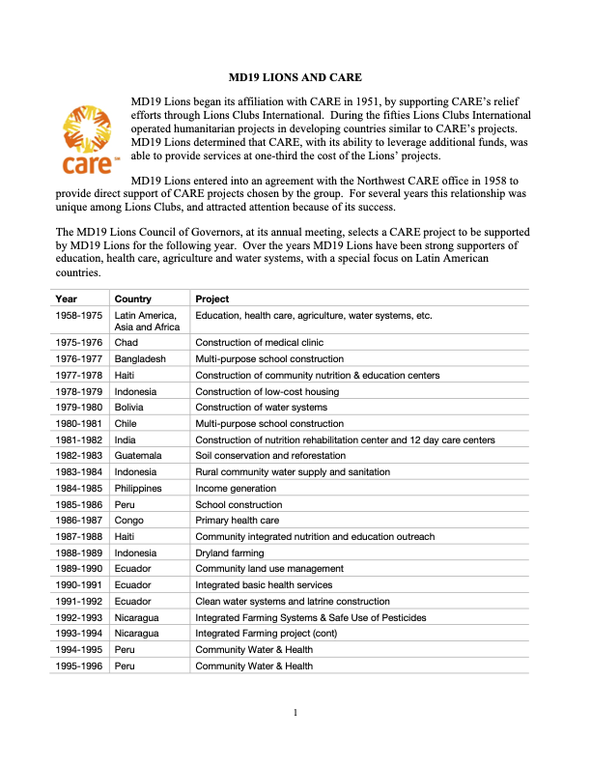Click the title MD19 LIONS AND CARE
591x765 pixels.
coord(295,74)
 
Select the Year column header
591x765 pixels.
coord(67,299)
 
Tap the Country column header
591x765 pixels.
coord(132,299)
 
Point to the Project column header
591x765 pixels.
coord(211,299)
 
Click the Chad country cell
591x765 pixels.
coord(126,343)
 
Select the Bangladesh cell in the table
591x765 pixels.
coord(140,359)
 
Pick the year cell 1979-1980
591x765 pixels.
coord(80,408)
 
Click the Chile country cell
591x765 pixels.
coord(127,424)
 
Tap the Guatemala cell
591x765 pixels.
coord(138,456)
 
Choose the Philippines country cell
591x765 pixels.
coord(138,489)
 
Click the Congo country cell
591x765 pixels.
coord(130,521)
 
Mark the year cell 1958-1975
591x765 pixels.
coord(80,316)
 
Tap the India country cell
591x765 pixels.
coord(126,439)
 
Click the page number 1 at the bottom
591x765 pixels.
coord(295,714)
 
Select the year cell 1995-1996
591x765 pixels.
coord(80,666)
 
